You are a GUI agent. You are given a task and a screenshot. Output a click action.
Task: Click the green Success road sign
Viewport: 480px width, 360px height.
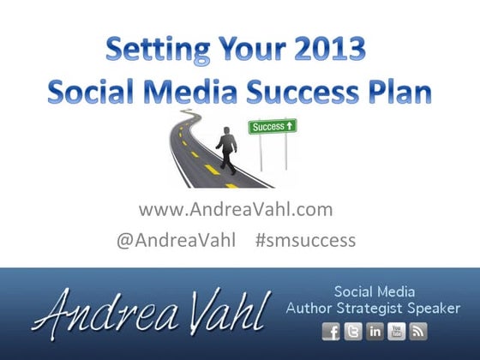tap(273, 127)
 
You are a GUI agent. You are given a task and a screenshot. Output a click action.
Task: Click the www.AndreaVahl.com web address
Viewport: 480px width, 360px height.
tap(235, 209)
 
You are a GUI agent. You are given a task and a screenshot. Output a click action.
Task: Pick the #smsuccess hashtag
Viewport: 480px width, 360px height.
tap(305, 240)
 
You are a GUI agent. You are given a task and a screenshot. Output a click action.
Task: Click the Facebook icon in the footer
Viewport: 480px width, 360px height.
tap(330, 332)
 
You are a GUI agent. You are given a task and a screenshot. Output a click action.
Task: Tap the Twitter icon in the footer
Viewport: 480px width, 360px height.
tap(352, 332)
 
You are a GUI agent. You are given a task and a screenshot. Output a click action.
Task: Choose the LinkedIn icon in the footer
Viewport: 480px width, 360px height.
tap(375, 332)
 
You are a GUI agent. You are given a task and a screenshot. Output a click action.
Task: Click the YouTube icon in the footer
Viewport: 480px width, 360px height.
tap(397, 332)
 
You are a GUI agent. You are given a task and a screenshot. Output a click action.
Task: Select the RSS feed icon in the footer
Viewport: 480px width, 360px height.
tap(418, 332)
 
